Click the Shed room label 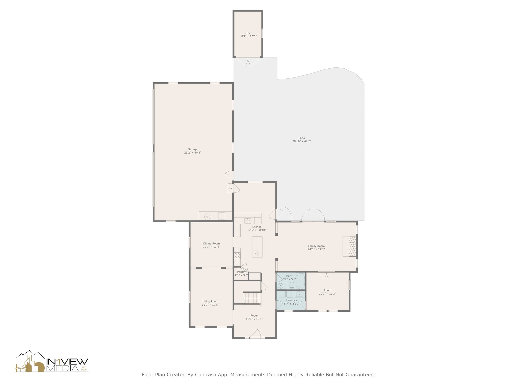click(x=249, y=33)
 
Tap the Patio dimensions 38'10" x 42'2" click(x=302, y=141)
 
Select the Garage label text click(x=192, y=149)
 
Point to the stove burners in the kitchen click(x=237, y=256)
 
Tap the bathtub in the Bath click(x=301, y=281)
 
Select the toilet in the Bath click(x=292, y=285)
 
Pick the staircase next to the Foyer click(x=251, y=298)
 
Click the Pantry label click(x=241, y=272)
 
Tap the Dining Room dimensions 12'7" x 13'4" click(x=212, y=247)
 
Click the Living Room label click(x=210, y=301)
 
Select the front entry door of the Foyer click(x=255, y=333)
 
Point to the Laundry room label click(x=292, y=300)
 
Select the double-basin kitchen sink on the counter click(x=248, y=221)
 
